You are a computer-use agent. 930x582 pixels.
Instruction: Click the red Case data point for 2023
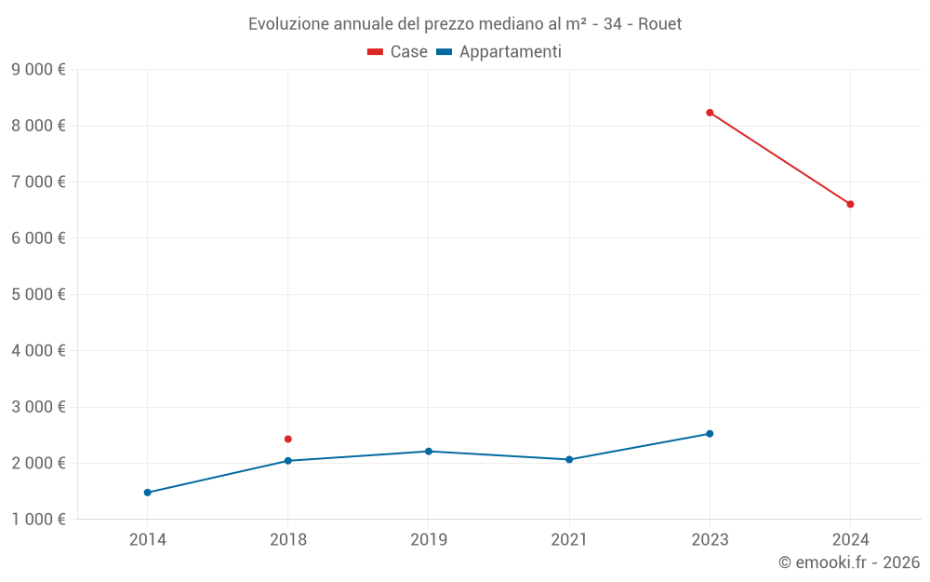(710, 113)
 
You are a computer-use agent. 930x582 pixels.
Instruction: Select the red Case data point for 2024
(850, 204)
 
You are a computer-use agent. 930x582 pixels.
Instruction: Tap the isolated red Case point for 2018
(288, 439)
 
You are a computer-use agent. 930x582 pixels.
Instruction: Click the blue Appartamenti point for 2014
(148, 493)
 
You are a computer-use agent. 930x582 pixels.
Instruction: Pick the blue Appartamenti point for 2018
(288, 461)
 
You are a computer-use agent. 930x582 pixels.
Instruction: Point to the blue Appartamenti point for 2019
(429, 452)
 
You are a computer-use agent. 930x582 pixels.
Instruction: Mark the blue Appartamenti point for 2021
(569, 459)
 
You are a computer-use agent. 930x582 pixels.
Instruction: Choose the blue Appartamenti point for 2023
(710, 434)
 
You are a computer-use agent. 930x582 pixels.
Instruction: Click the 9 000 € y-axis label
(38, 69)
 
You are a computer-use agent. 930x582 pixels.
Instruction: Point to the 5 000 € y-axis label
(38, 294)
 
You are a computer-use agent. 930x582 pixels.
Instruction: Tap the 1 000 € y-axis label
(38, 520)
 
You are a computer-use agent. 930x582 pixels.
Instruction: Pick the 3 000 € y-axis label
(38, 407)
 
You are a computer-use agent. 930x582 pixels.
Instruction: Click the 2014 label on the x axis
(148, 540)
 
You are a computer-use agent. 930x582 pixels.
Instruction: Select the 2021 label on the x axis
(569, 540)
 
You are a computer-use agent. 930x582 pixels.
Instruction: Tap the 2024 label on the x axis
(850, 540)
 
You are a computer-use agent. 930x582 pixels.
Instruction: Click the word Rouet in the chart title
(659, 24)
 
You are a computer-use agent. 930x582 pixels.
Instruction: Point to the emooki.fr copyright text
(849, 562)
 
